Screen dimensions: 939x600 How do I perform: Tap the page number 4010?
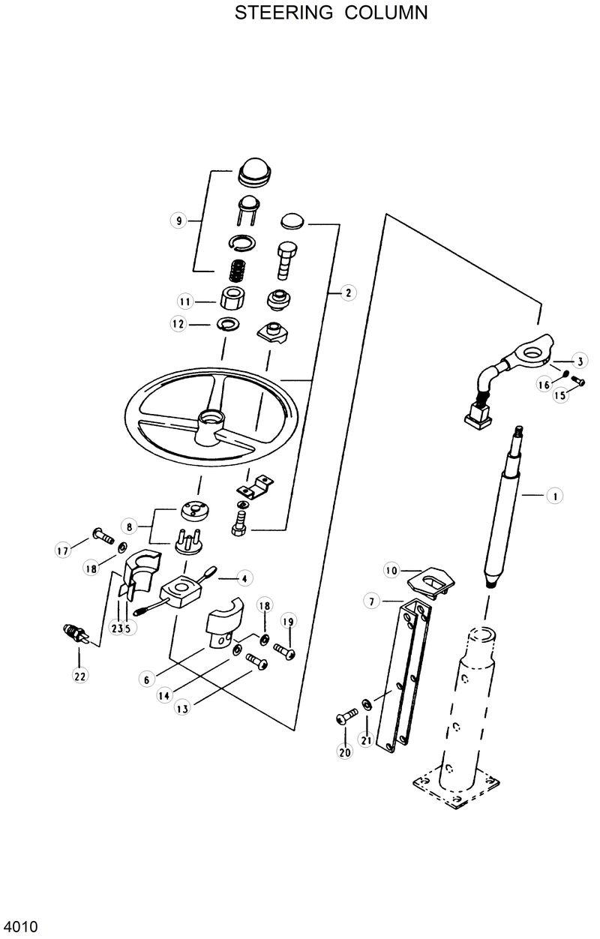(20, 926)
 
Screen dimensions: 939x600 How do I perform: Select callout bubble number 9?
(177, 220)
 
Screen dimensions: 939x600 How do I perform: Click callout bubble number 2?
(347, 293)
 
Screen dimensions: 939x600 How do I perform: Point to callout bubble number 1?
(554, 496)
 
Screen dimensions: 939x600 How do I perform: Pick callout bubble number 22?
(79, 676)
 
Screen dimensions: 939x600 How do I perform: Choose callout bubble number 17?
(62, 551)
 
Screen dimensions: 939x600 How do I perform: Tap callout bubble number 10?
(391, 571)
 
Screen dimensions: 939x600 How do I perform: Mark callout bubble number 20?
(345, 752)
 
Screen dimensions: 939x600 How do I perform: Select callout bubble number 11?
(185, 301)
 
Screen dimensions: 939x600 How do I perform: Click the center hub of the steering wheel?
(208, 420)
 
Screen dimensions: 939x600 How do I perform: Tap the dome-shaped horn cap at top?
(254, 172)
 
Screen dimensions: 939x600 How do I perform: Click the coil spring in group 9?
(238, 268)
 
